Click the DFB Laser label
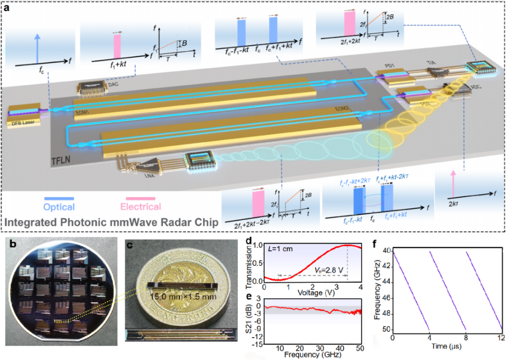[20, 121]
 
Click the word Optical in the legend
[59, 206]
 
